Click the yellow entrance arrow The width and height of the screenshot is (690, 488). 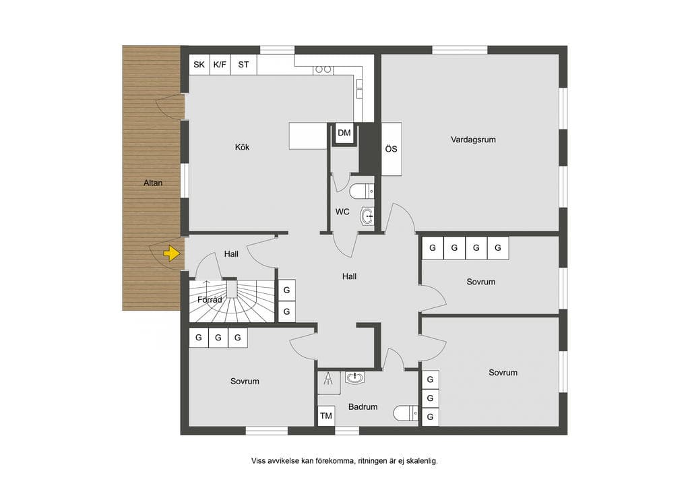point(172,254)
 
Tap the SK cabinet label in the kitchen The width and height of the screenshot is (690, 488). point(199,65)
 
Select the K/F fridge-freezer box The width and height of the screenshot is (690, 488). point(220,65)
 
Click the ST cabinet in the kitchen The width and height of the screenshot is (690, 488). point(244,65)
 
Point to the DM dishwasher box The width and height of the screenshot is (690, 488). point(344,133)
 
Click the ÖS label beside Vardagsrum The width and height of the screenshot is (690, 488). point(391,149)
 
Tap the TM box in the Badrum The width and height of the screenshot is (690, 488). point(326,416)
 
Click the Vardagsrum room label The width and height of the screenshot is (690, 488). point(473,140)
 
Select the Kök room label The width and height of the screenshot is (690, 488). point(242,147)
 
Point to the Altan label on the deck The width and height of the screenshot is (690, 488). point(153,183)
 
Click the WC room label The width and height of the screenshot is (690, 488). point(342,212)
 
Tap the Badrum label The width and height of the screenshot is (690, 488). point(363,407)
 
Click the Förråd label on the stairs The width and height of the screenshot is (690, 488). point(210,300)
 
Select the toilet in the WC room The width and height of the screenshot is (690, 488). point(362,191)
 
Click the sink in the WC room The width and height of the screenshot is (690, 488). point(367,216)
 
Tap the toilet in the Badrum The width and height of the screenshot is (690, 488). point(405,413)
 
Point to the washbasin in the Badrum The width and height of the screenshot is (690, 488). point(354,377)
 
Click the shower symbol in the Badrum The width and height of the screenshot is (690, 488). point(329,382)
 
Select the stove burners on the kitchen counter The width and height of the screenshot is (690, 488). point(323,69)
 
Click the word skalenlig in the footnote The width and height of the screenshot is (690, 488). point(422,461)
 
